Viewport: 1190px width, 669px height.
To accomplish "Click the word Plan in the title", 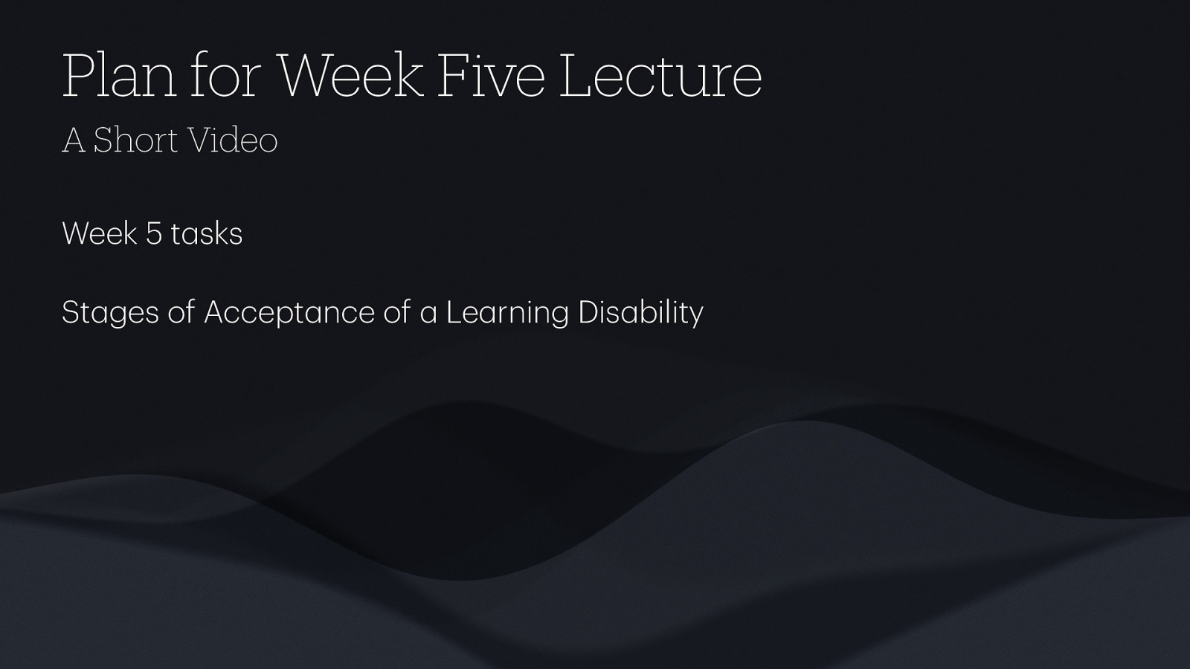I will point(119,76).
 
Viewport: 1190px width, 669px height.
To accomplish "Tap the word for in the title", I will point(224,76).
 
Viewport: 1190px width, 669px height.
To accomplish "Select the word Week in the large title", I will point(350,76).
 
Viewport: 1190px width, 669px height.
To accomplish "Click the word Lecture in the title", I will point(660,76).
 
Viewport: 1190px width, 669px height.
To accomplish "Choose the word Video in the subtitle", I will point(232,140).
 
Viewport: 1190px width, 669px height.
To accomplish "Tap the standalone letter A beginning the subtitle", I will point(74,140).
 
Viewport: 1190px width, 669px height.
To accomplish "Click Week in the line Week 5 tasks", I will point(100,233).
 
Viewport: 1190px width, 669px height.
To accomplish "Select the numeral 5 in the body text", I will point(154,233).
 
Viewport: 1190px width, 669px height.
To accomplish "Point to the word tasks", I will point(207,234).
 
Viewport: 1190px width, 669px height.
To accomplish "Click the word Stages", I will point(110,312).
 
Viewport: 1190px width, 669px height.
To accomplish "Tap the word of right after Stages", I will point(181,312).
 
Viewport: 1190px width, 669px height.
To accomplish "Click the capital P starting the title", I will point(77,76).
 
